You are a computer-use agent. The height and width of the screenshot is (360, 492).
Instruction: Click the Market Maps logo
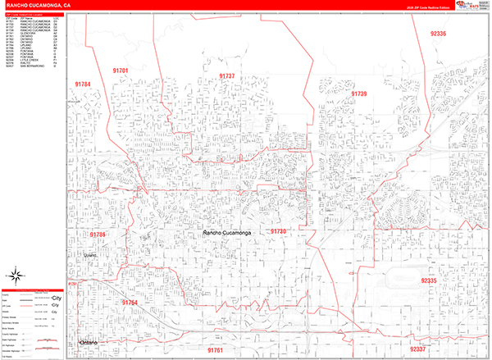[474, 7]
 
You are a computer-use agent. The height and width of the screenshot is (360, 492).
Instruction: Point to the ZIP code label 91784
[82, 84]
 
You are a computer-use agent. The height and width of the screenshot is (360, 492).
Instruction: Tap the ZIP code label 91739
[358, 94]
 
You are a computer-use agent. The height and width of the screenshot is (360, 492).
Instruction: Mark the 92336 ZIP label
[438, 34]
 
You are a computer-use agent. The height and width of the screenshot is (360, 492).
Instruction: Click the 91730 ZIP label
[278, 232]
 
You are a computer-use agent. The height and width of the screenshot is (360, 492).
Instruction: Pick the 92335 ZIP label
[430, 280]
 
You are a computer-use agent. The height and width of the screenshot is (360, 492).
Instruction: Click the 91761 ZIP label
[215, 350]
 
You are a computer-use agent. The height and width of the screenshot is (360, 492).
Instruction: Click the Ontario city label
[88, 341]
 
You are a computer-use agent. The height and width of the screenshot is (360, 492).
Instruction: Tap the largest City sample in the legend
[57, 298]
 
